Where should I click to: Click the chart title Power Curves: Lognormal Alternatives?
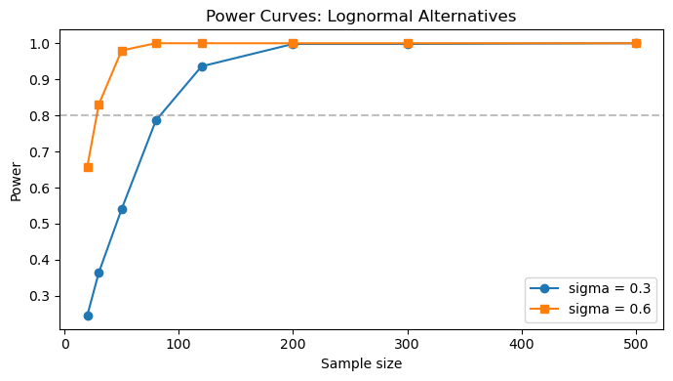(361, 17)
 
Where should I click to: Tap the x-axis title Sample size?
(362, 363)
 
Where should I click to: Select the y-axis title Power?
(16, 182)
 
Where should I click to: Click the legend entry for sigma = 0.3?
(590, 288)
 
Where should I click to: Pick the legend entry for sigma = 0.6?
(590, 309)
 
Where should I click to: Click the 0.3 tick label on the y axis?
(39, 296)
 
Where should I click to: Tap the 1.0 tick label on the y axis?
(39, 44)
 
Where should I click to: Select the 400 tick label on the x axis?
(522, 344)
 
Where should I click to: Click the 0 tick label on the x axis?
(64, 344)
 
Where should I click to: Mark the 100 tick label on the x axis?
(178, 344)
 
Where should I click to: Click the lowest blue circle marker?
(88, 317)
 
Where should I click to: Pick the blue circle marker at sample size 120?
(202, 66)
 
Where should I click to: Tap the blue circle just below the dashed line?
(156, 120)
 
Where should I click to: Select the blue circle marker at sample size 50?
(122, 209)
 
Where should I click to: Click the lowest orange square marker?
(88, 167)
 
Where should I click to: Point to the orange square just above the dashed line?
(99, 105)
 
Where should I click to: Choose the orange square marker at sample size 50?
(122, 51)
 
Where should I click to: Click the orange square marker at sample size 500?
(636, 43)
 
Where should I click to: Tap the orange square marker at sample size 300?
(408, 43)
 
